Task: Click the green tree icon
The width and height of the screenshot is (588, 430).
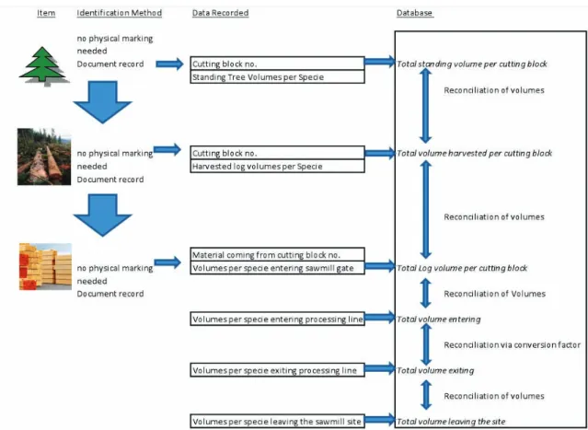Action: (x=43, y=66)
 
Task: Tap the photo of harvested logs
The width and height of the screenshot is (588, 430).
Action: (x=44, y=157)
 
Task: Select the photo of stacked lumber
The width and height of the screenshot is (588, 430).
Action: (x=45, y=266)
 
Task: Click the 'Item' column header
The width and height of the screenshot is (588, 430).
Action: (x=46, y=13)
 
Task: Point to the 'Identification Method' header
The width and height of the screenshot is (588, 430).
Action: (x=120, y=13)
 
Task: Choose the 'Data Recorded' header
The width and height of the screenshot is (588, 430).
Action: (x=221, y=13)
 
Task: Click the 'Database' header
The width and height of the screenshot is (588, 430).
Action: (x=415, y=13)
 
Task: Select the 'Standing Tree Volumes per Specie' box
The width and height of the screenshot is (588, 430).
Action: (x=278, y=77)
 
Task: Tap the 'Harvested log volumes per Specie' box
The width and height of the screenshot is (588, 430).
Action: (x=278, y=167)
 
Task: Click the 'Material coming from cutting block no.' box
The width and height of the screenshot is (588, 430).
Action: (x=278, y=254)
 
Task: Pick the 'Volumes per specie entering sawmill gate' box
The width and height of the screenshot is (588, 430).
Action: (x=278, y=268)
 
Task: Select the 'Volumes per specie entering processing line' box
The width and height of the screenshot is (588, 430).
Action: (x=278, y=319)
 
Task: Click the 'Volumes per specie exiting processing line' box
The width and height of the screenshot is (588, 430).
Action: (x=278, y=370)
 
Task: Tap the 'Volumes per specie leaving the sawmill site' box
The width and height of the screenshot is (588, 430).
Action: (x=278, y=421)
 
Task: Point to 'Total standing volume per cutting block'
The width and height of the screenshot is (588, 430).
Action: (x=472, y=64)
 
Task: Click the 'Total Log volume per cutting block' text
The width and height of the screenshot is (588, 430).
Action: (x=462, y=268)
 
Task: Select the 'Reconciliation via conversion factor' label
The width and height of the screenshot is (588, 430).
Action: (x=513, y=344)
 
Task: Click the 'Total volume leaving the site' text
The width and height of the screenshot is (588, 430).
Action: (x=451, y=422)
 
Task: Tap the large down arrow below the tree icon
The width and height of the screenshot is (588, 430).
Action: (x=102, y=101)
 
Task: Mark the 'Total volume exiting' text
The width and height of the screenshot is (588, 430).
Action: (x=435, y=371)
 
